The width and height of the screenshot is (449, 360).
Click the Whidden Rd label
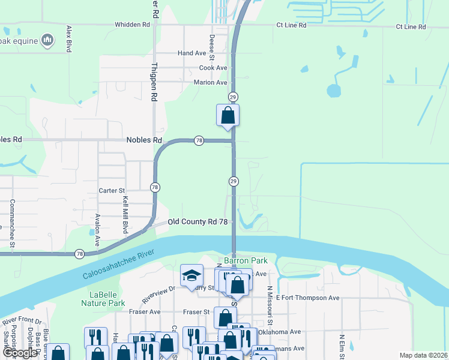coord(133,25)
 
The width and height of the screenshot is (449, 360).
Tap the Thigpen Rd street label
coord(154,82)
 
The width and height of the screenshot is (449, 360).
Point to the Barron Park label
coord(245,261)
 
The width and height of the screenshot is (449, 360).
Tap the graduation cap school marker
coord(191,275)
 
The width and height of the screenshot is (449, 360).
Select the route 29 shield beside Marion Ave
coord(234,97)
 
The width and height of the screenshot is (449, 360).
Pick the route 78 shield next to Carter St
coord(155,187)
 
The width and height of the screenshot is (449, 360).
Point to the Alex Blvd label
coord(69,38)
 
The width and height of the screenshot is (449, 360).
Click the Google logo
coord(19,353)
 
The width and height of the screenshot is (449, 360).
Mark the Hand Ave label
coord(191,53)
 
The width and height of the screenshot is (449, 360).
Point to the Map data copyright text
coord(423,355)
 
